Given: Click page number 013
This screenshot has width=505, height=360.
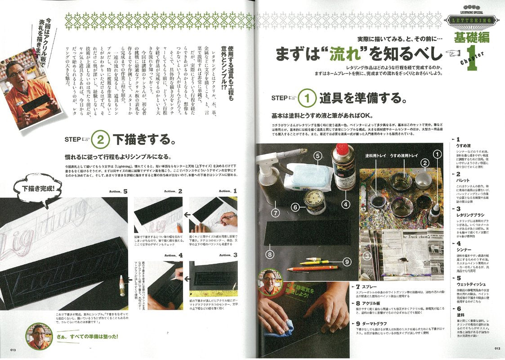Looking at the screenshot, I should point(12,350).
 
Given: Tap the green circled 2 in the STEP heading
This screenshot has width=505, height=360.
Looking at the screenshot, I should point(101,139).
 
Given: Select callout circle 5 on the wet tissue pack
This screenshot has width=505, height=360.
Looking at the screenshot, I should point(317,157).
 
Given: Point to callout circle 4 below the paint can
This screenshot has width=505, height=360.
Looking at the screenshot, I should point(345,204).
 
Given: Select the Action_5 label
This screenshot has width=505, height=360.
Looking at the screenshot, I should point(118,191).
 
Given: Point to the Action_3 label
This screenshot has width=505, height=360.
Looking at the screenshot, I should point(228,255).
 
